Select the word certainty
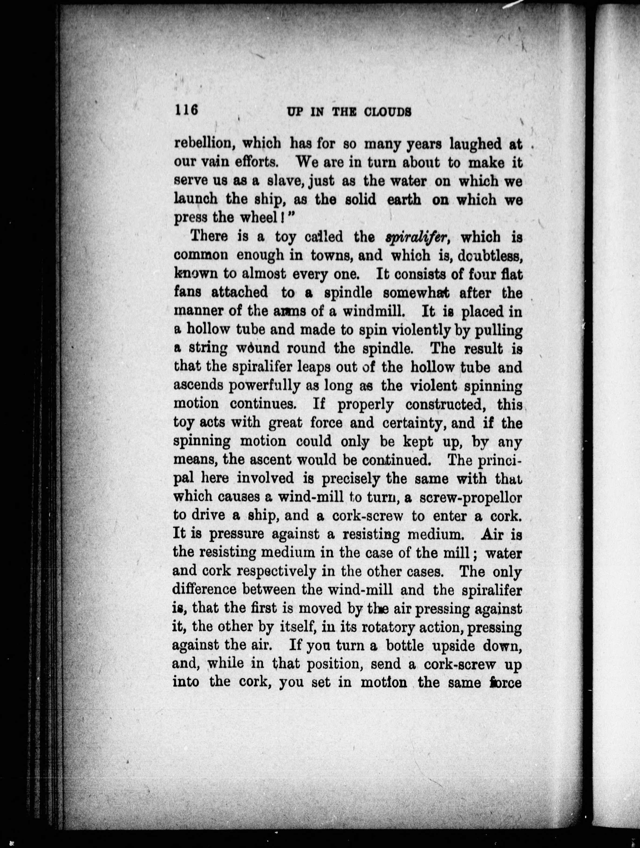(415, 423)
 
